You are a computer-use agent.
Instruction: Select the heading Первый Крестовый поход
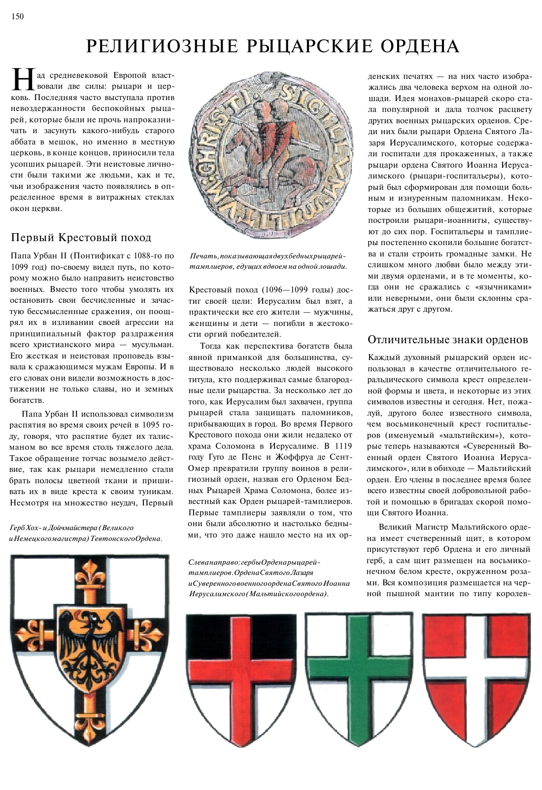81,238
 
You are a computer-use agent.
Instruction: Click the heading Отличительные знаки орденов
448,339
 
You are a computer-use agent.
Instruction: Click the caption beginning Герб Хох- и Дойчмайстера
86,533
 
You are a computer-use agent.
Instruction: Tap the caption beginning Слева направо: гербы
269,578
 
